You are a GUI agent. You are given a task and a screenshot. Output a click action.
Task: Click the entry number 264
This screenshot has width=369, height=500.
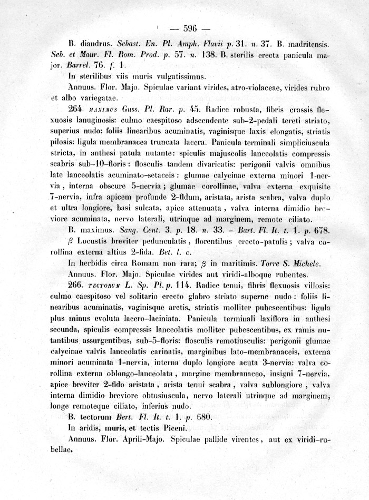click(x=76, y=110)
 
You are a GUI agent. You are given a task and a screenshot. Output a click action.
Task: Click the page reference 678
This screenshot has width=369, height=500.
click(x=321, y=230)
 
